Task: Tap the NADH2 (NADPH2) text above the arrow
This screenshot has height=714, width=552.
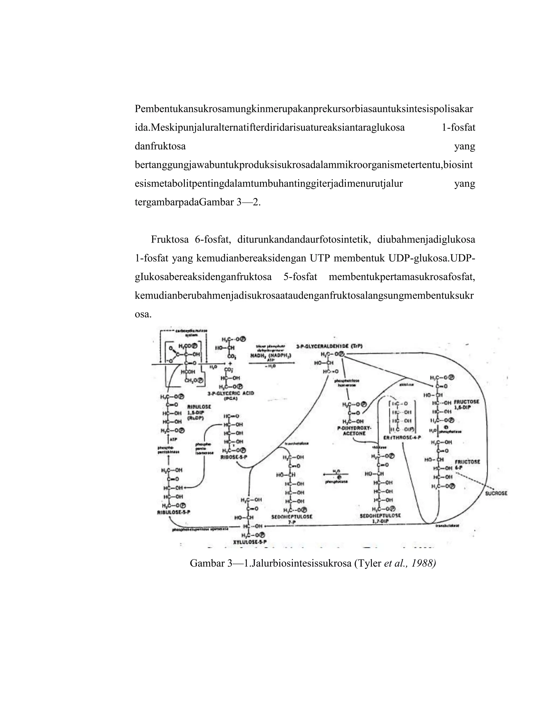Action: (x=271, y=355)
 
